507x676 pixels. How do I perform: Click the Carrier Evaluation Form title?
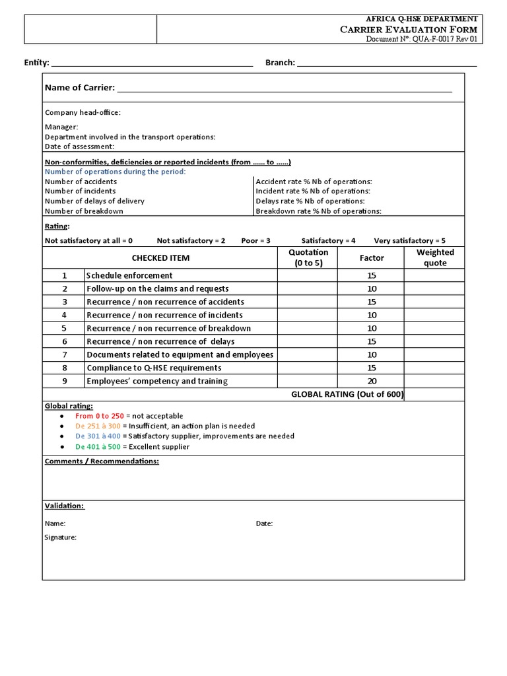[408, 30]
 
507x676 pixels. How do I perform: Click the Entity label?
[36, 63]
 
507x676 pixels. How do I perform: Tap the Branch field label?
[280, 63]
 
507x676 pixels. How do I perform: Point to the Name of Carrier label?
[79, 88]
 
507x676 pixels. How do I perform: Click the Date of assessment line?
[79, 147]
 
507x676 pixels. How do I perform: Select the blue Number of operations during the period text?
[115, 172]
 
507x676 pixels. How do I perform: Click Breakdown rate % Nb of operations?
[318, 211]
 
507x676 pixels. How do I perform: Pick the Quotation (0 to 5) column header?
[308, 257]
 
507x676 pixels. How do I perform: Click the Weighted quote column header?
[435, 257]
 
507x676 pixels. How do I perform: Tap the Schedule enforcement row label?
[129, 275]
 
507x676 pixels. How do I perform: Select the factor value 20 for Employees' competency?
[372, 381]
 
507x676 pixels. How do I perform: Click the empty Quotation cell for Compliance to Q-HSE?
[308, 368]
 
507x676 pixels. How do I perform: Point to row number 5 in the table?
[65, 328]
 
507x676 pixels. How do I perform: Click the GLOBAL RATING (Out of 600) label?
[347, 395]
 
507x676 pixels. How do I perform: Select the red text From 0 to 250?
[99, 416]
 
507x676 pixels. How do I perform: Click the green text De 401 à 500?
[98, 447]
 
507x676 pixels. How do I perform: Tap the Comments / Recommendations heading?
[102, 461]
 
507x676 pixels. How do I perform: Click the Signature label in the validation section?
[61, 537]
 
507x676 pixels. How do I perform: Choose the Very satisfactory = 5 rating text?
[409, 241]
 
